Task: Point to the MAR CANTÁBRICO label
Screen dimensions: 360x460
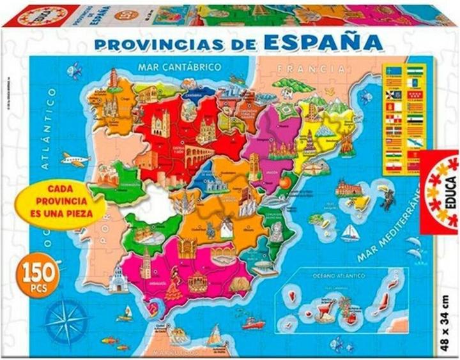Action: pos(181,66)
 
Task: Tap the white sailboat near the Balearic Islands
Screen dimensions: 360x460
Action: pos(350,233)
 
